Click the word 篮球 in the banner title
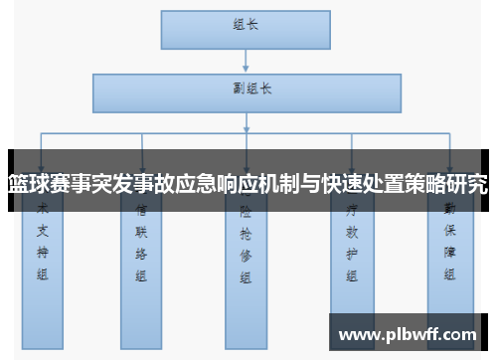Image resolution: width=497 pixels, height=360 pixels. (x=27, y=182)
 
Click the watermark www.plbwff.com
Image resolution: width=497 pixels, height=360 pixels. (x=409, y=334)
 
